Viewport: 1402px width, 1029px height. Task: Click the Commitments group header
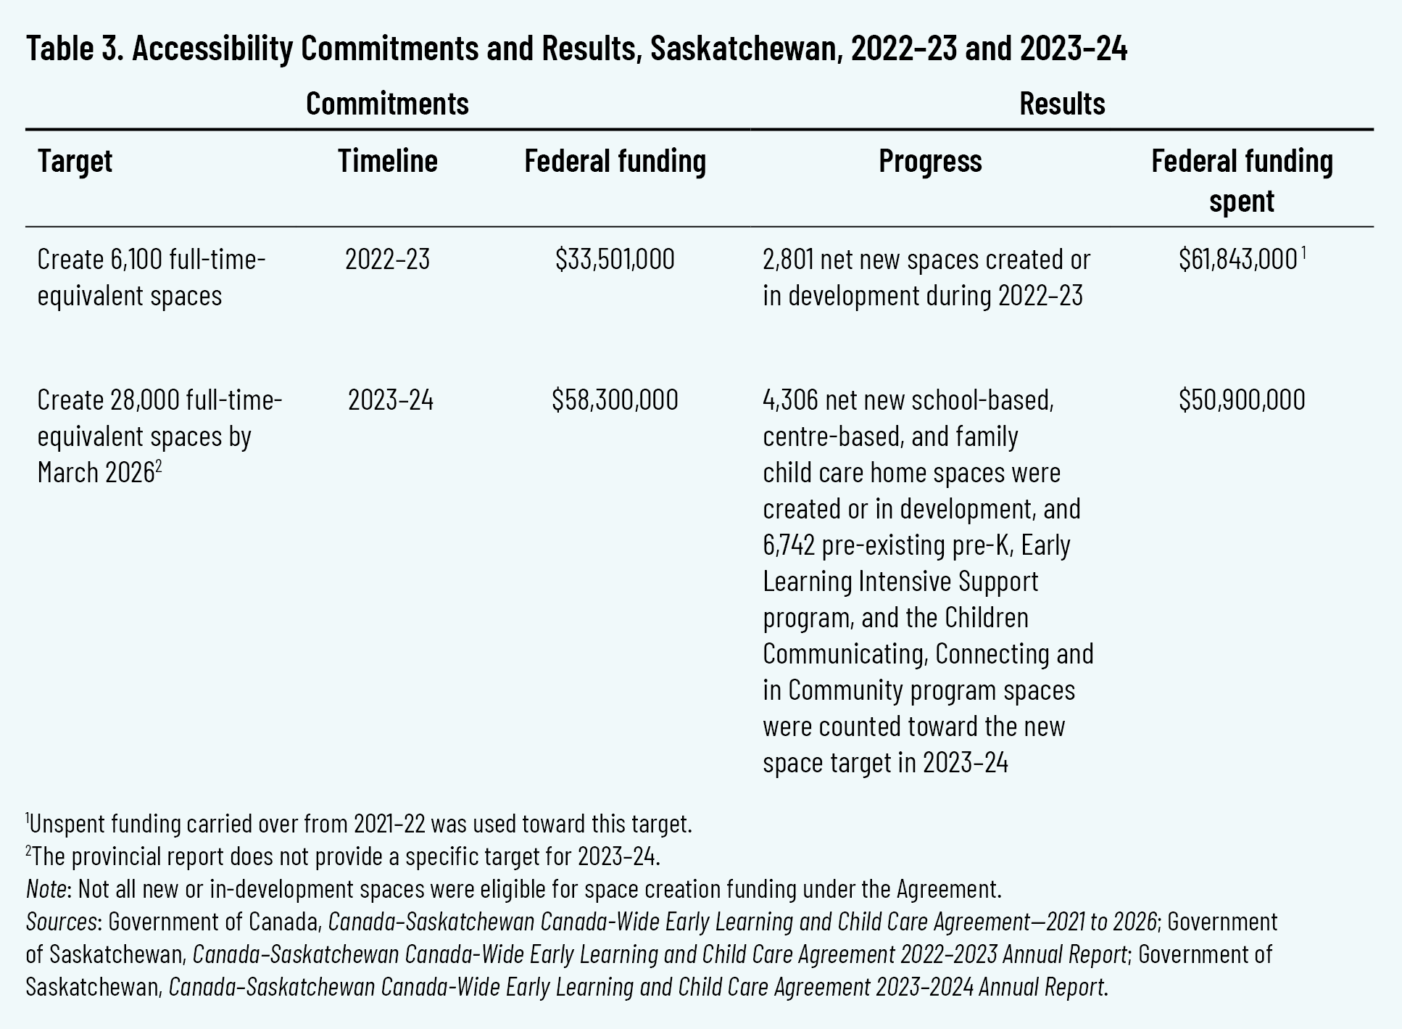(x=387, y=104)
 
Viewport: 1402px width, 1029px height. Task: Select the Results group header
(x=1061, y=104)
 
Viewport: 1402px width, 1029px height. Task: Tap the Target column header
(x=75, y=161)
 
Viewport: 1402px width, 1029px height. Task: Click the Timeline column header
(x=387, y=161)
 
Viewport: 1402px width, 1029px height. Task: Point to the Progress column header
(x=930, y=161)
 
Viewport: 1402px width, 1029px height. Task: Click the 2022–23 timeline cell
(x=387, y=260)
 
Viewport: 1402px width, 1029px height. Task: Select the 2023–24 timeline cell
(x=390, y=400)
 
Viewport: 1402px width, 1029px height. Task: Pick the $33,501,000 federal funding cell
(x=615, y=260)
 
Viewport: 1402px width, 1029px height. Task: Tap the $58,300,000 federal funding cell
(x=615, y=400)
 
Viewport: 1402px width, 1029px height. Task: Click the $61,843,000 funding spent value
(x=1237, y=260)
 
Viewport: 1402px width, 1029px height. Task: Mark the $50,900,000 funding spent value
(x=1241, y=400)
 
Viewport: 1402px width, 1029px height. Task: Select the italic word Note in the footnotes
(x=46, y=889)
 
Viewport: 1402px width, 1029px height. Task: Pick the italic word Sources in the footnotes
(x=62, y=922)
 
